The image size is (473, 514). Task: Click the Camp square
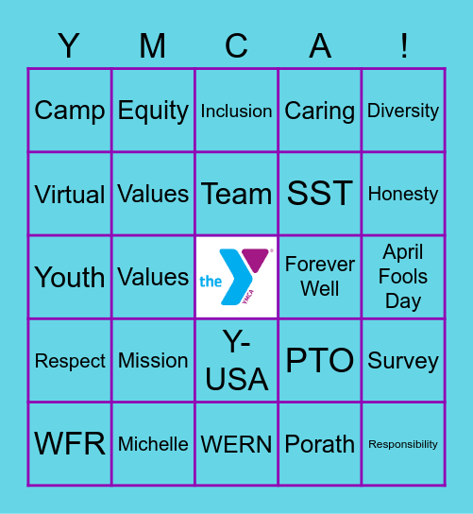pos(70,111)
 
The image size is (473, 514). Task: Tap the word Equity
pos(153,111)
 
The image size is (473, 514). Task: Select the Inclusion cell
pos(236,111)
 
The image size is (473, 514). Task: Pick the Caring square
pos(320,111)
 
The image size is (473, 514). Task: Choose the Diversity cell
pos(403,111)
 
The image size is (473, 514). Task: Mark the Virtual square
pos(70,194)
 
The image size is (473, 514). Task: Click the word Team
pos(236,194)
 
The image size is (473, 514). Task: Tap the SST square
pos(320,194)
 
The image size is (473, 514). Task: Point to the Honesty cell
pos(403,194)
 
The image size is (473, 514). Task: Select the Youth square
pos(70,277)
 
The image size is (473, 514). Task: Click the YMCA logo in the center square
pos(236,277)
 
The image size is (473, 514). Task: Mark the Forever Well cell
pos(320,277)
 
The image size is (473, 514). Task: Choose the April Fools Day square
pos(403,277)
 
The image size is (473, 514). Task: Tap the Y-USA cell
pos(236,360)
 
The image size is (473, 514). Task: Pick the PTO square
pos(320,360)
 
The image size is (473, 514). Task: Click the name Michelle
pos(153,444)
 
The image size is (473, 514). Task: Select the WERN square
pos(236,444)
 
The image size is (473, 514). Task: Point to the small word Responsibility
pos(403,444)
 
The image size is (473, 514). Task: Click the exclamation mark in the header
pos(404,45)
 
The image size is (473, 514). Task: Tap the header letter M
pos(152,45)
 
